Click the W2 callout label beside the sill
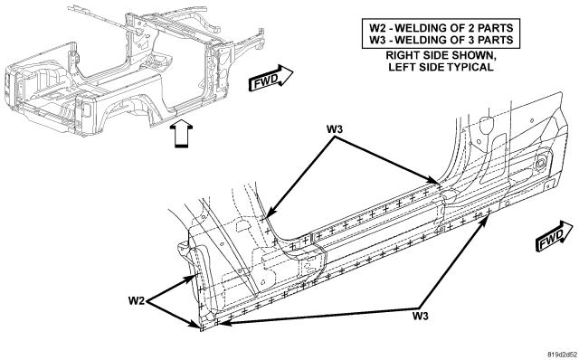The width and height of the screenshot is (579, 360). point(137,301)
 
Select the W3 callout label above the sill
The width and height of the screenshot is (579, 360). point(335,129)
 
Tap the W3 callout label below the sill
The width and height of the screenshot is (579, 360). point(420,316)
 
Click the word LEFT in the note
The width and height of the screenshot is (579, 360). point(400,67)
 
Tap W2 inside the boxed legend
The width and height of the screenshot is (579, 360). point(378,28)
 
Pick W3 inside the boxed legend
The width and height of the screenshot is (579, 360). point(378,40)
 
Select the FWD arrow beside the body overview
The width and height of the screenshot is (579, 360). point(271,79)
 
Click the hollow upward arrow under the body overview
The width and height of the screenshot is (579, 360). point(181,134)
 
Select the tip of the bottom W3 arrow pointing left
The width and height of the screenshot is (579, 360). point(220,324)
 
